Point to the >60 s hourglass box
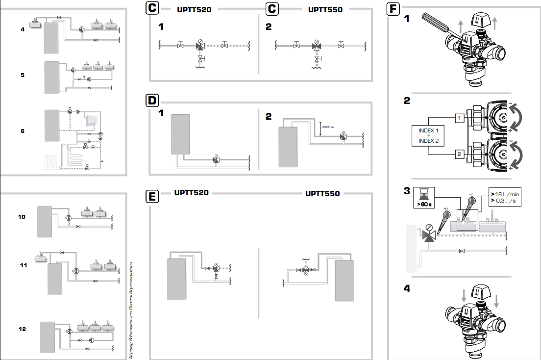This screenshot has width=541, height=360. tap(423, 197)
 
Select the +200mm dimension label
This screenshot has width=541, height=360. tap(327, 127)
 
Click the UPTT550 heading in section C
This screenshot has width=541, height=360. tap(325, 9)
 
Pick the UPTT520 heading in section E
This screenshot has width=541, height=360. tap(191, 193)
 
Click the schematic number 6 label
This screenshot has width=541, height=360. tap(23, 131)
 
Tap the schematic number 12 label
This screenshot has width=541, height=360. tap(23, 329)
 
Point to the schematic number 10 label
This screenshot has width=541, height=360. tap(22, 216)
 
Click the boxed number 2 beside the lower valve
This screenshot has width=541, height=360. tap(460, 154)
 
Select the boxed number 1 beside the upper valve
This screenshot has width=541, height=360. tap(460, 118)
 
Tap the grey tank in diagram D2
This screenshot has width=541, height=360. tap(288, 147)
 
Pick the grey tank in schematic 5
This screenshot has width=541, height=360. tap(52, 77)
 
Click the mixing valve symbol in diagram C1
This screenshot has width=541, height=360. tap(200, 46)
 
